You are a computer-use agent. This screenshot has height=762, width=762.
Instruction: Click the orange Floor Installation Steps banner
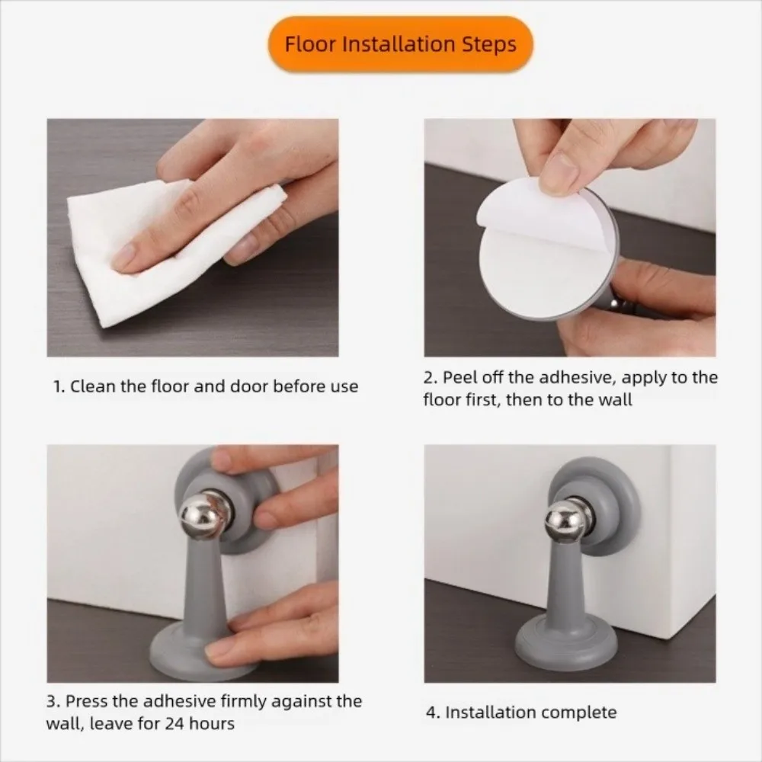pyautogui.click(x=401, y=44)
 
